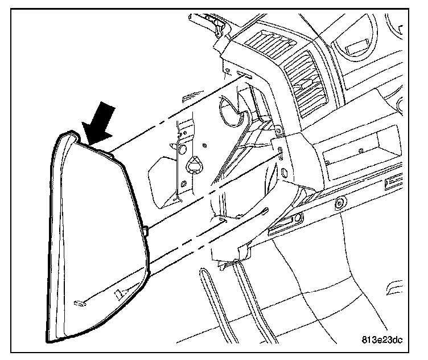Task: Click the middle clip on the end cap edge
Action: pos(147,231)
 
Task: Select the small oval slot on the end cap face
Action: pos(81,302)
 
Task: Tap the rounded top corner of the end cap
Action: pos(67,134)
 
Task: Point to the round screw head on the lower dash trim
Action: pos(340,202)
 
